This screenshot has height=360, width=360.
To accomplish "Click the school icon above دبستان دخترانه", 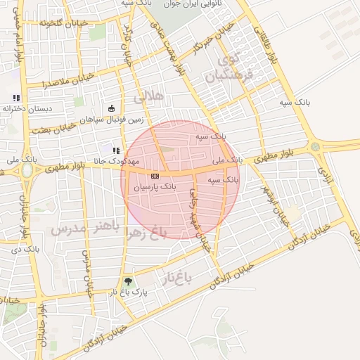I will (16, 98).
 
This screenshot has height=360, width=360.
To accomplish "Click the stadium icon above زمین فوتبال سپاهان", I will (112, 108).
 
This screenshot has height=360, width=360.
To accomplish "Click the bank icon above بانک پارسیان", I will (155, 176).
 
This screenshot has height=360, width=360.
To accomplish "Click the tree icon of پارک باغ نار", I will (127, 282).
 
